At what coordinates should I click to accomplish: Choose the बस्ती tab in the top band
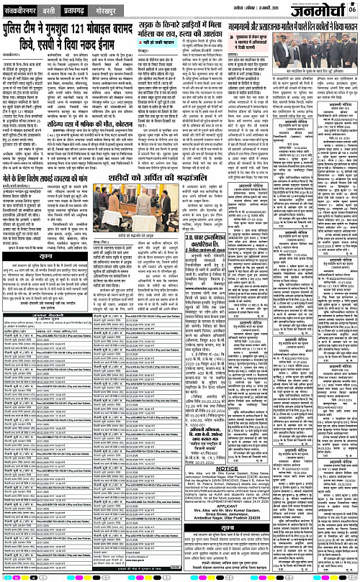click(x=66, y=12)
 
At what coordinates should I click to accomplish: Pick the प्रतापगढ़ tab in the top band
click(x=96, y=12)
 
